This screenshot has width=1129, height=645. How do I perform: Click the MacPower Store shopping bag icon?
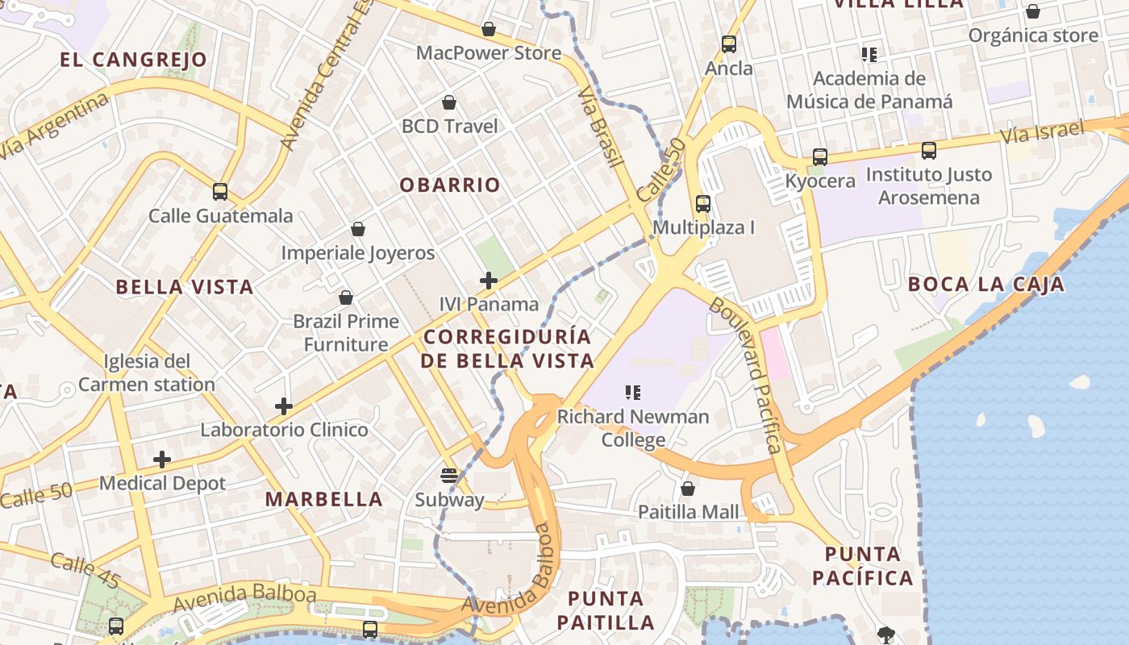coord(488,30)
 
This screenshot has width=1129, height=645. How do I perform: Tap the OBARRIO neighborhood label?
coord(450,185)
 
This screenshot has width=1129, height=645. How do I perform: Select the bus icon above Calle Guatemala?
coord(220,192)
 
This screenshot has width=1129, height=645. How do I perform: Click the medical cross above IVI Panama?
coord(488,281)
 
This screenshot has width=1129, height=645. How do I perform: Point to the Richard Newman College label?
coord(633,428)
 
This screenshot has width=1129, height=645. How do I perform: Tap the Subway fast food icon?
coord(449,476)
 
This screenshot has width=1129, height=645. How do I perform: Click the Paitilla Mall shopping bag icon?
coord(688,489)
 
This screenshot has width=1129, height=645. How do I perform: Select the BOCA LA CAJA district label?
coord(985,284)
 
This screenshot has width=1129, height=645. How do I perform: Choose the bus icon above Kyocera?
coord(820,157)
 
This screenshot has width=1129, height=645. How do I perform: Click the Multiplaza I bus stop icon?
coord(703,204)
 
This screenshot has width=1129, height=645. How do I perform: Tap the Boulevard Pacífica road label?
coord(746,376)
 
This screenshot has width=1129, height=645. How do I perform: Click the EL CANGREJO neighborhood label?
coord(134,60)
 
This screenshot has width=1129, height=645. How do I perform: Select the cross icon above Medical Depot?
coord(162,460)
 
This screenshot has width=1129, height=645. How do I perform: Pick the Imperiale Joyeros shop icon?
coord(358,230)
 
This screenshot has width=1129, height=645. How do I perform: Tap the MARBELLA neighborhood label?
coord(324,499)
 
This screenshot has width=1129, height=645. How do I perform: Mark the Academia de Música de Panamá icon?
coord(869,55)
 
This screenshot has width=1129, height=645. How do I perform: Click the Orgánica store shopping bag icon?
coord(1032,11)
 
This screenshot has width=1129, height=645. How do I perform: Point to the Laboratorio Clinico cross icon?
coord(284,406)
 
